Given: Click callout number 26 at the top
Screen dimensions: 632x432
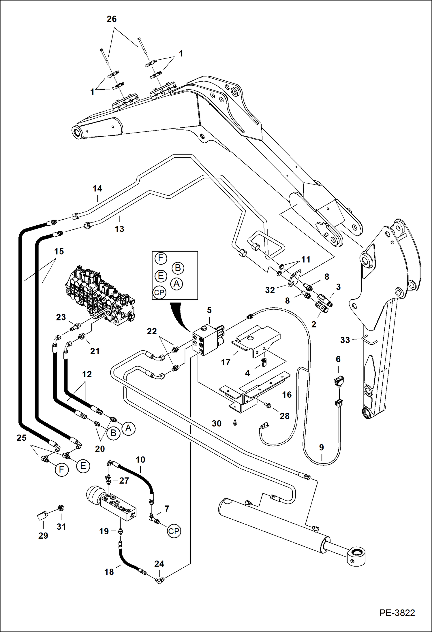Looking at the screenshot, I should click(x=112, y=19).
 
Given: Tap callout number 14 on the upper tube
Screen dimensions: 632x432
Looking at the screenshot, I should click(x=97, y=189).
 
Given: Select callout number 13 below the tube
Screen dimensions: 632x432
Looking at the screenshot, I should click(x=119, y=229).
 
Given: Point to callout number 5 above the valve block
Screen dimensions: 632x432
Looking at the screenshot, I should click(x=209, y=310).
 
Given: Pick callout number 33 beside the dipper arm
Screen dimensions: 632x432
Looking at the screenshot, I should click(x=345, y=340).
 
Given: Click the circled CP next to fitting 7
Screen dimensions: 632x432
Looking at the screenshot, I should click(x=174, y=531).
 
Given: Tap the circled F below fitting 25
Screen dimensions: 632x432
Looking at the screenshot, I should click(x=61, y=469).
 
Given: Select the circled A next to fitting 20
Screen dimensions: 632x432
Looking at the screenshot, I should click(x=128, y=429).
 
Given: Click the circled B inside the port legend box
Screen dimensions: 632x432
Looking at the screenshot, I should click(x=178, y=268).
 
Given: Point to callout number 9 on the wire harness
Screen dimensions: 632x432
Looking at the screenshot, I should click(x=322, y=448).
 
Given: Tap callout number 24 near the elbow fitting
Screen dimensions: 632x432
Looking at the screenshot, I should click(x=159, y=564).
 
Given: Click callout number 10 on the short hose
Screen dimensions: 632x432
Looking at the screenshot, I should click(x=140, y=460).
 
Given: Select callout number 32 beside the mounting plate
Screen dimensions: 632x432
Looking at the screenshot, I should click(x=270, y=290).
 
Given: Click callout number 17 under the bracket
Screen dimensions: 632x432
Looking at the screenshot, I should click(x=226, y=362).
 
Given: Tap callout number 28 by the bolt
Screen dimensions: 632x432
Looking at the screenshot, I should click(x=284, y=416).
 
